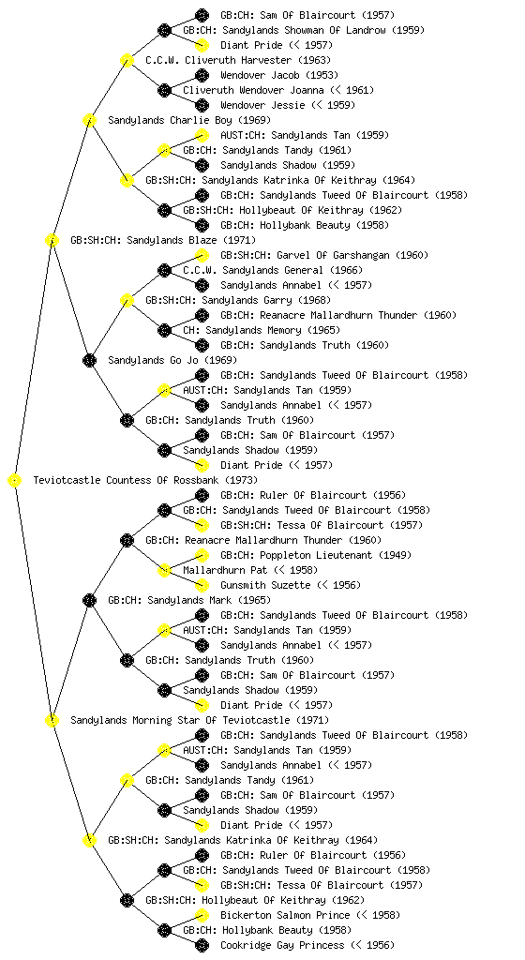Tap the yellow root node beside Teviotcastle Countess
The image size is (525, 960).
coord(15,481)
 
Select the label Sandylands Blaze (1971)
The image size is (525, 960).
coord(163,240)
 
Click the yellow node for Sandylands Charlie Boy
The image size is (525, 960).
coord(89,120)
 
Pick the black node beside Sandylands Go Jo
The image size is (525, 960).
coord(89,360)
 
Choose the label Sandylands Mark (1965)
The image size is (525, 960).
coord(189,600)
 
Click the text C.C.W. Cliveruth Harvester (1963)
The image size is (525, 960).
coord(238,60)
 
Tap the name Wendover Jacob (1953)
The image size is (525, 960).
coord(279,75)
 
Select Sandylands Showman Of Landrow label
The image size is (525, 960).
coord(304,30)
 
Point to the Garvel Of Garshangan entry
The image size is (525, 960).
coord(323,255)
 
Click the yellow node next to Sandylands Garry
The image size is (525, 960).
coord(127,300)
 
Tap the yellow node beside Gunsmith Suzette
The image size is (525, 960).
coord(202,585)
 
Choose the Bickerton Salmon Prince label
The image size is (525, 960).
coord(310,915)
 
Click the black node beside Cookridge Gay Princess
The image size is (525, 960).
coord(202,945)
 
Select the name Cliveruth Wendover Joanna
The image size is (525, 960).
coord(278,90)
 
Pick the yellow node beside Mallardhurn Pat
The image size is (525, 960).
coord(164,570)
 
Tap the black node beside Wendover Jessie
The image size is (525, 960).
coord(202,105)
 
